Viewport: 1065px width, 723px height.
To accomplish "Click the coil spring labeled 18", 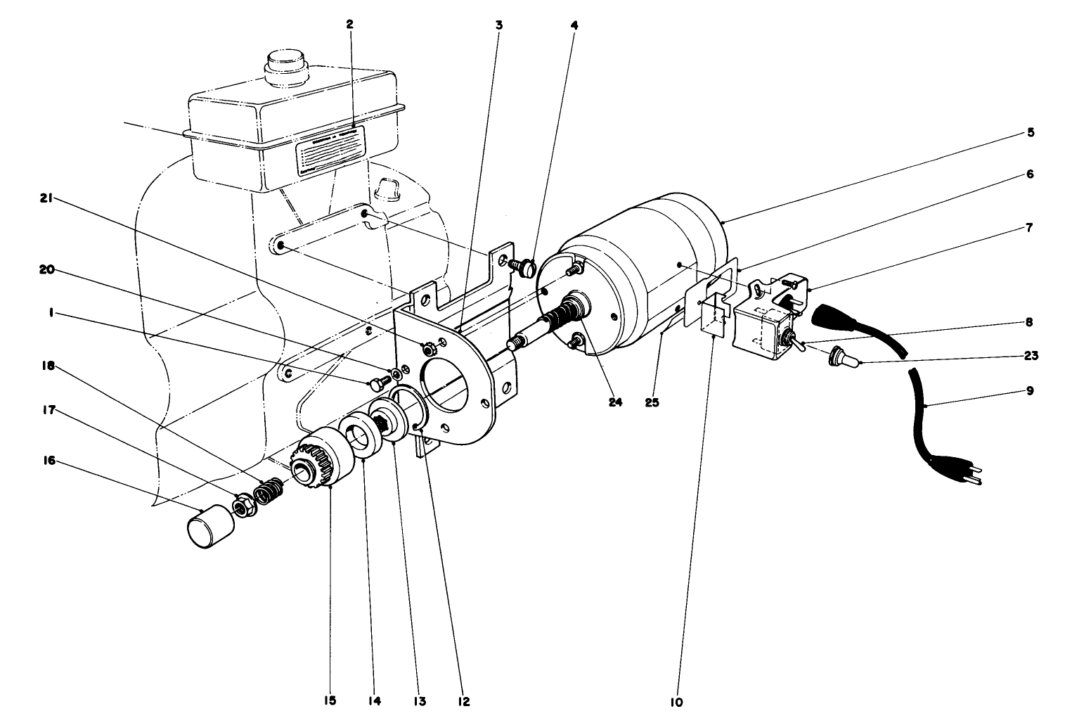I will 268,491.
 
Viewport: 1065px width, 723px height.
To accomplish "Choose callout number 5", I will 1030,132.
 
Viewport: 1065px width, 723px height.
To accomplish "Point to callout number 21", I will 47,199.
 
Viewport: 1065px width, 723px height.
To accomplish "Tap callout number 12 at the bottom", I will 464,700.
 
